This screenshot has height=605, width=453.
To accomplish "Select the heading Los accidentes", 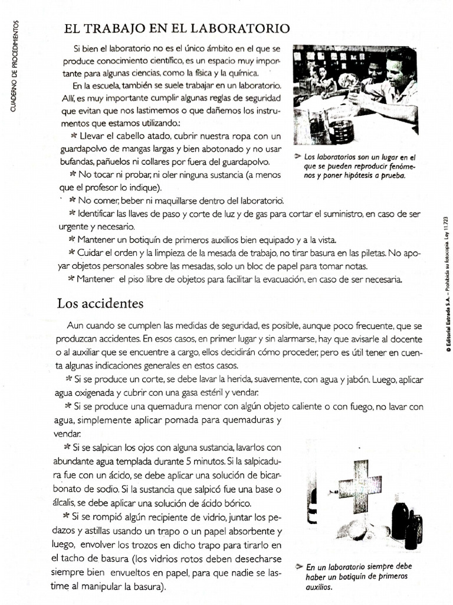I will pos(100,304).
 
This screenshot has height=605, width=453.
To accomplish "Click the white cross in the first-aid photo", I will pos(359,485).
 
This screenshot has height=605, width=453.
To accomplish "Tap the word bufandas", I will pos(74,161).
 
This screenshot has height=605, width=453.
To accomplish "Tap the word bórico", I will pos(236,503).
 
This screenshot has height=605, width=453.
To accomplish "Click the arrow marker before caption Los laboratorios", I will pos(297,157).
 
